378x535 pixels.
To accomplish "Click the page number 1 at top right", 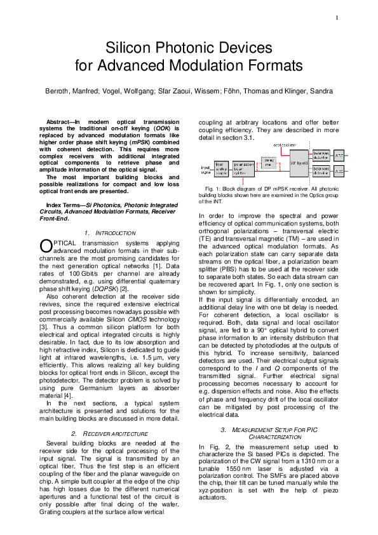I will [x=337, y=17].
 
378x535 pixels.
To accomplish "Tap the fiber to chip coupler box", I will [x=222, y=168].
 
